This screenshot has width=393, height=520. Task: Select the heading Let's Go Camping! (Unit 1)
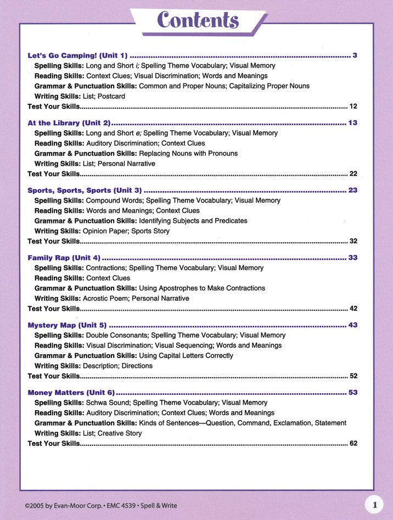[77, 55]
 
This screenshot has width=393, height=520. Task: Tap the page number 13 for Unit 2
[352, 122]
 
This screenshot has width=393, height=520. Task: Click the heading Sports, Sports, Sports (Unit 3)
[85, 190]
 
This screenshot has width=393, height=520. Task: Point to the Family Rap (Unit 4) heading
[64, 258]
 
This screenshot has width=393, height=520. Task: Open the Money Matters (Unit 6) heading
[71, 393]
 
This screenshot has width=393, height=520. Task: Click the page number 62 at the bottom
[353, 443]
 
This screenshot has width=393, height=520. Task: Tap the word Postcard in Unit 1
[111, 96]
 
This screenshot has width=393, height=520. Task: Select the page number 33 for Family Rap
[352, 258]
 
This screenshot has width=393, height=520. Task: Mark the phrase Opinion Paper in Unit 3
[106, 231]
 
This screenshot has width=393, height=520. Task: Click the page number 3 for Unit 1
[355, 55]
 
